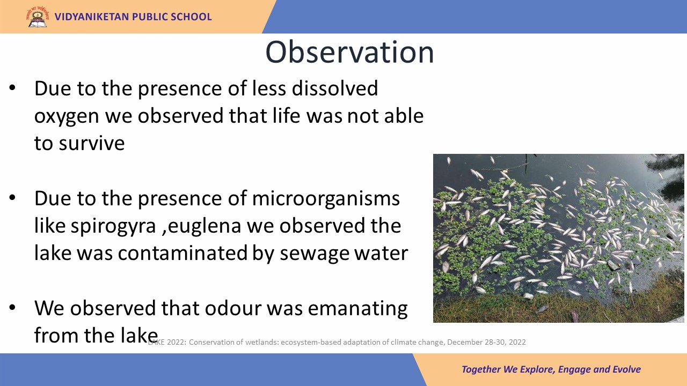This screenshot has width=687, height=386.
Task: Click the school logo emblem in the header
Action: pyautogui.click(x=38, y=17)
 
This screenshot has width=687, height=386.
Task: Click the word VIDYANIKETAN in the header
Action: pyautogui.click(x=92, y=17)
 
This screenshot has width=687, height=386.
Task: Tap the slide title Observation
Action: pyautogui.click(x=349, y=52)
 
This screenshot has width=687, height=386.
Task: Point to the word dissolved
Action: pyautogui.click(x=334, y=88)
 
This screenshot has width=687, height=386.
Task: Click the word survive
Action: pyautogui.click(x=92, y=143)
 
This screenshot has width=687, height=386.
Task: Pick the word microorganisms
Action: pyautogui.click(x=326, y=199)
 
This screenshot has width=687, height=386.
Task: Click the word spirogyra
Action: pyautogui.click(x=113, y=227)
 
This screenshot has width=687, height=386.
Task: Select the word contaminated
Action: pyautogui.click(x=182, y=253)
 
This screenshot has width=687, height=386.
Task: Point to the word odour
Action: pyautogui.click(x=233, y=308)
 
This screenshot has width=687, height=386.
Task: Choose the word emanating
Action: pyautogui.click(x=357, y=309)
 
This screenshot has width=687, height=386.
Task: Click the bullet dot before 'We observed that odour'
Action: pyautogui.click(x=12, y=307)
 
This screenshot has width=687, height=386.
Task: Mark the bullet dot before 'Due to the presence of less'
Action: pyautogui.click(x=12, y=87)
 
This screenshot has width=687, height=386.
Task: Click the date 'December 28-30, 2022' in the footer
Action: pyautogui.click(x=486, y=342)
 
